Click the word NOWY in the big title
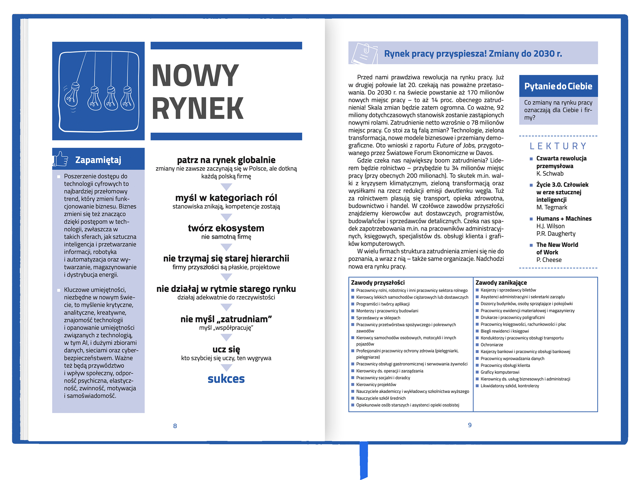[x=195, y=75]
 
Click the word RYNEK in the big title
[x=197, y=108]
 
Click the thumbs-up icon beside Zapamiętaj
[x=60, y=159]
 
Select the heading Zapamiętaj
[x=98, y=160]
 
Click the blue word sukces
[x=226, y=379]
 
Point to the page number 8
[x=175, y=426]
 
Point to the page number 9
[x=470, y=425]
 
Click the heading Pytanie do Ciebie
[x=558, y=86]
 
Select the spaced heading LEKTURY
[x=558, y=146]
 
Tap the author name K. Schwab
[x=550, y=174]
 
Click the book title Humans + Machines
[x=564, y=219]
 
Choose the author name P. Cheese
[x=549, y=260]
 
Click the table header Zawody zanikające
[x=501, y=283]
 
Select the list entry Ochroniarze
[x=492, y=345]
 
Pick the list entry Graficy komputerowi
[x=500, y=372]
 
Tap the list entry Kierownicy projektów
[x=376, y=385]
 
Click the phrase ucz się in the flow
[x=226, y=349]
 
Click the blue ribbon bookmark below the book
[x=364, y=460]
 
